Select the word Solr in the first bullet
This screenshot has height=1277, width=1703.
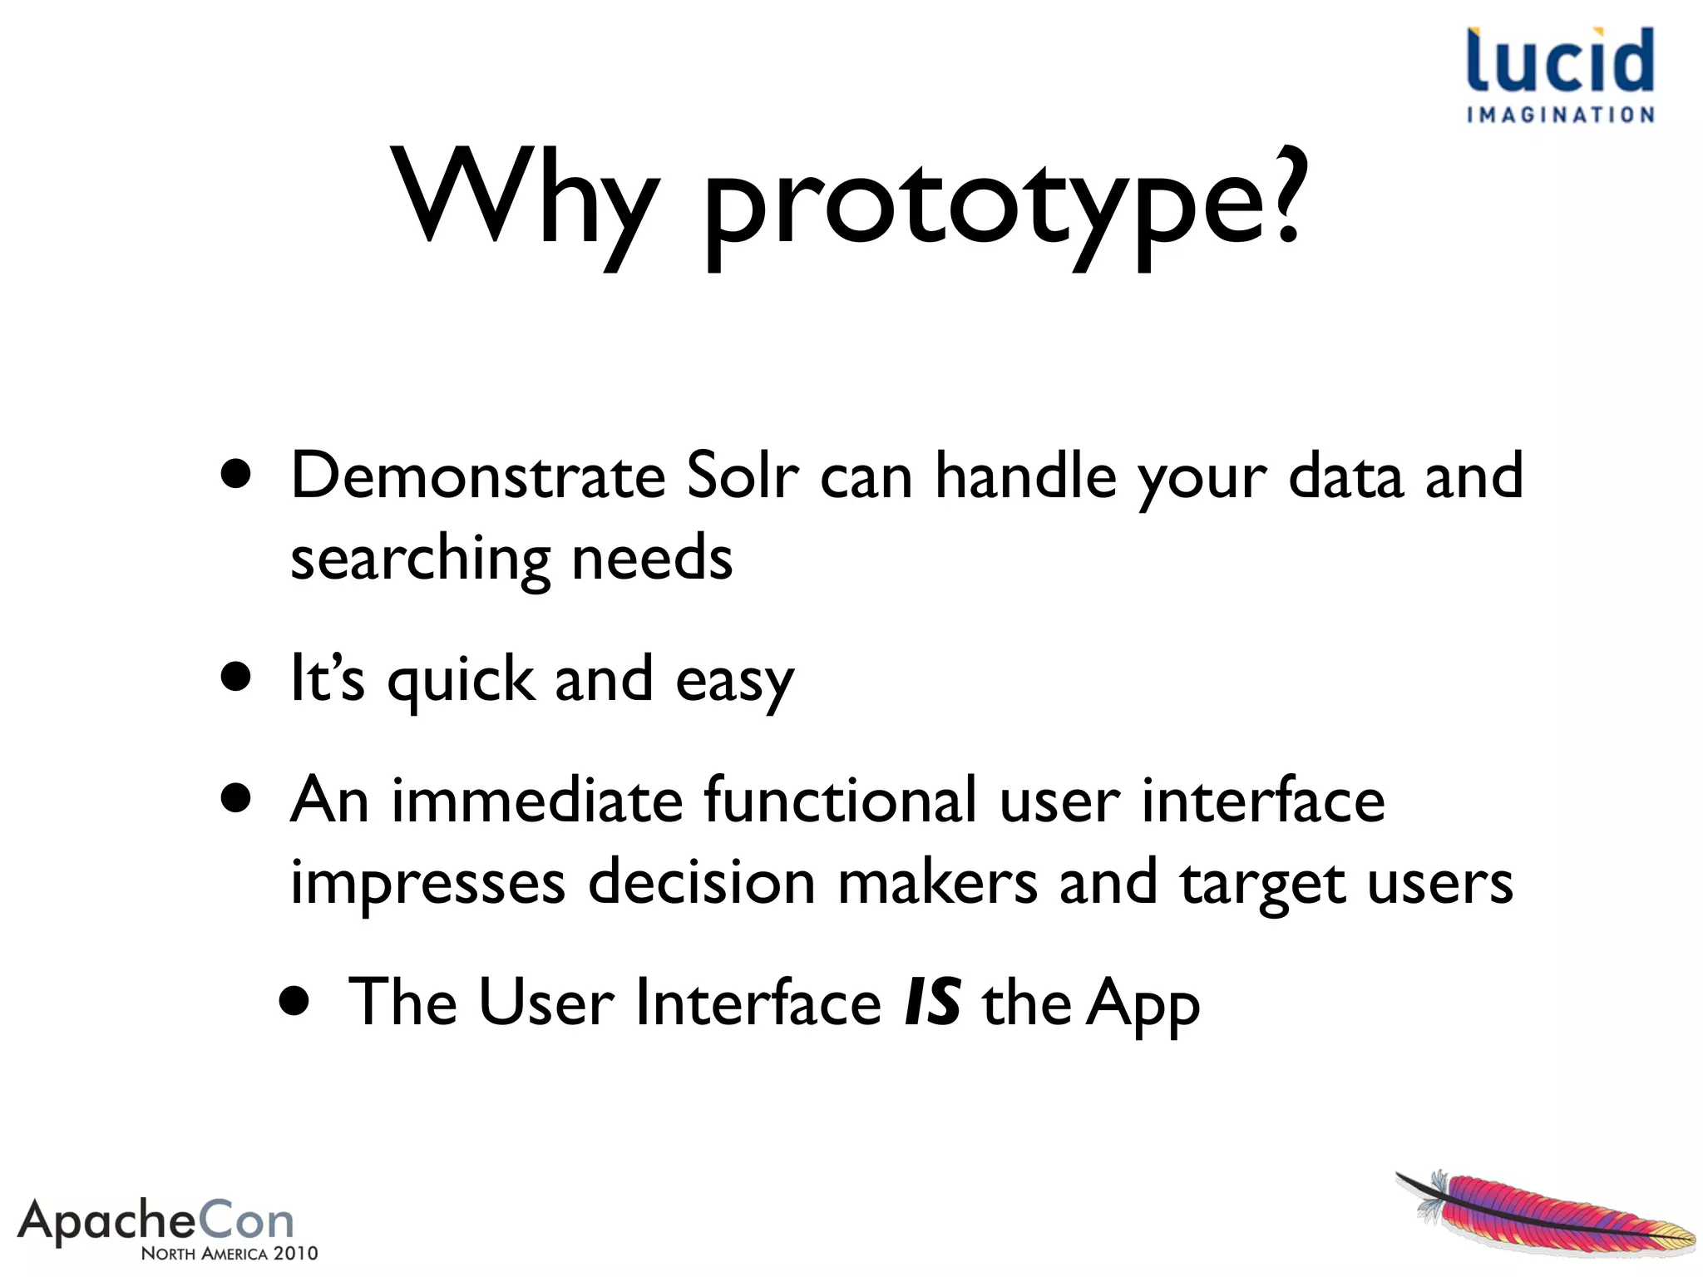tap(743, 476)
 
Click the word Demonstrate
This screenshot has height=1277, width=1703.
tap(478, 476)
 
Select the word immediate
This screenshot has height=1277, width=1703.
tap(537, 800)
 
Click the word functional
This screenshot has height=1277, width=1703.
tap(840, 800)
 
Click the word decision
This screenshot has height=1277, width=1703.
tap(702, 881)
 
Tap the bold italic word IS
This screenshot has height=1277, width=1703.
tap(932, 1003)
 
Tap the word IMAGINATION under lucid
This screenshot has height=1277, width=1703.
tap(1560, 115)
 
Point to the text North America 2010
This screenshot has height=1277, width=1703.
tap(230, 1253)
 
